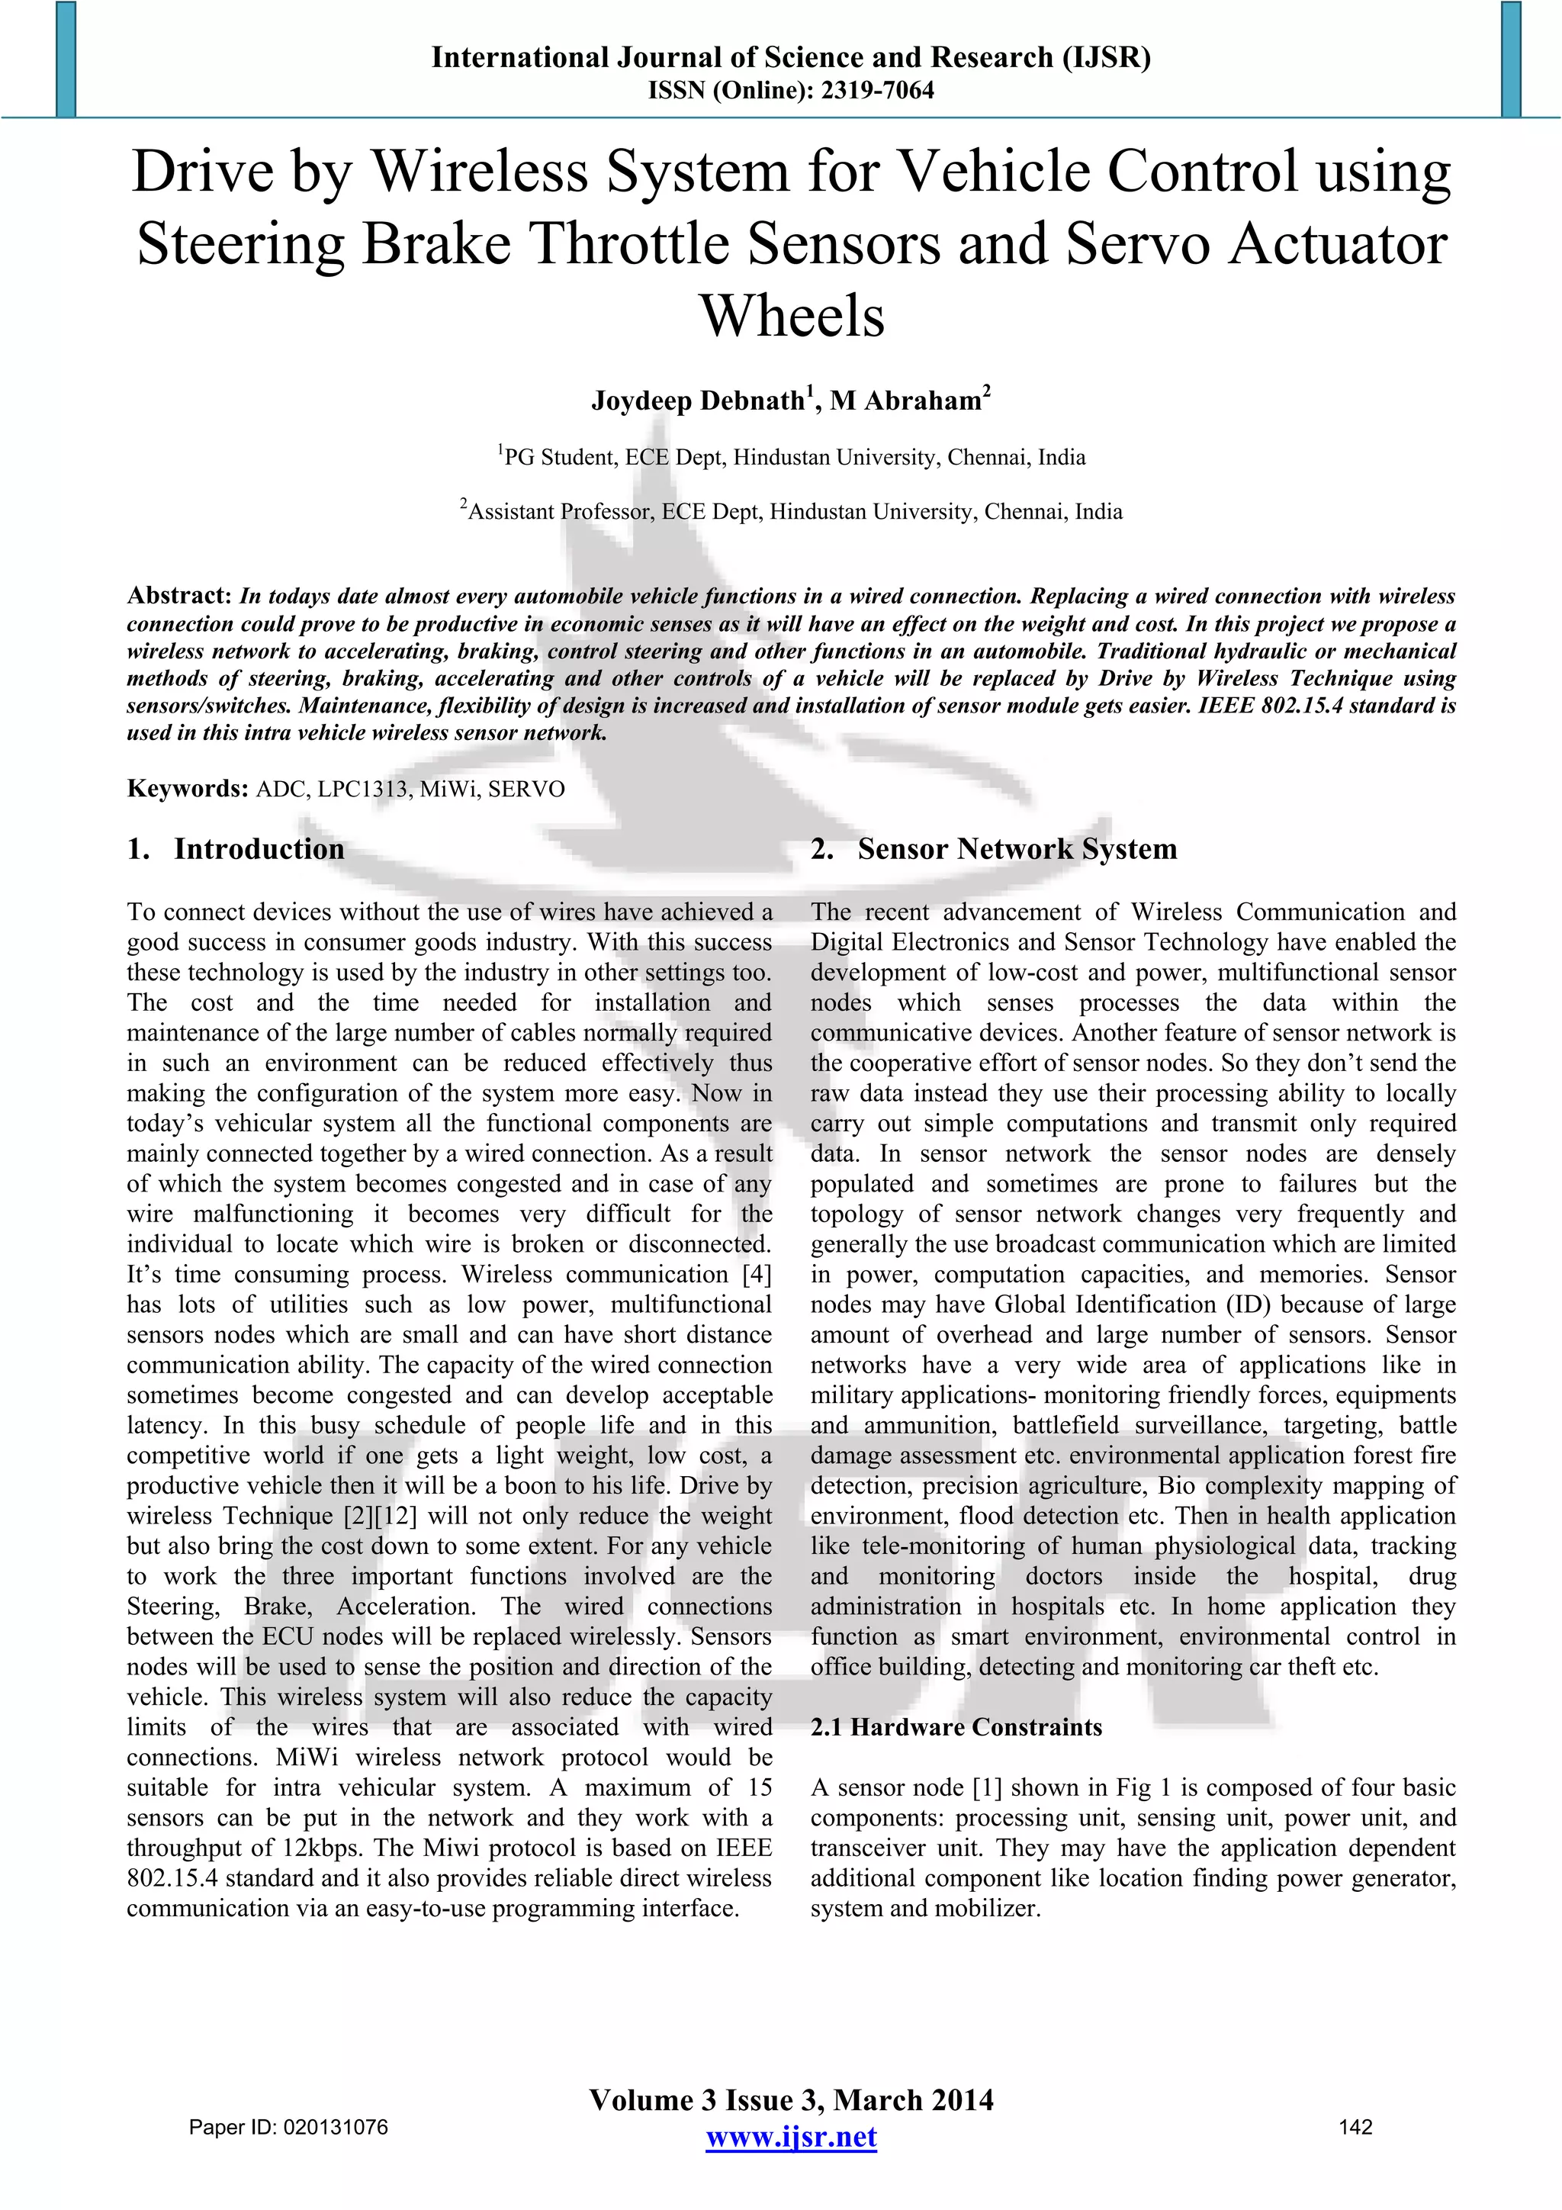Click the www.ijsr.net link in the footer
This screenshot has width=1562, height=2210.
(791, 2137)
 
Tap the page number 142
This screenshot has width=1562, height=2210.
(1355, 2126)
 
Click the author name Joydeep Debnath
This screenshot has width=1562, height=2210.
(698, 401)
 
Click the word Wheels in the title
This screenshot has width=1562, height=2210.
(791, 316)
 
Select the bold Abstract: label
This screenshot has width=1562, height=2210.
(179, 596)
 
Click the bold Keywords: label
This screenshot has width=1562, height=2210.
(188, 790)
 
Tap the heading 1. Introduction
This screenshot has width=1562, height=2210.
(236, 849)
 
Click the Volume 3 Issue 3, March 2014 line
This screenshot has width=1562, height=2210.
(791, 2099)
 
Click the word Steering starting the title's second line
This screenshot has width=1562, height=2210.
(240, 243)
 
